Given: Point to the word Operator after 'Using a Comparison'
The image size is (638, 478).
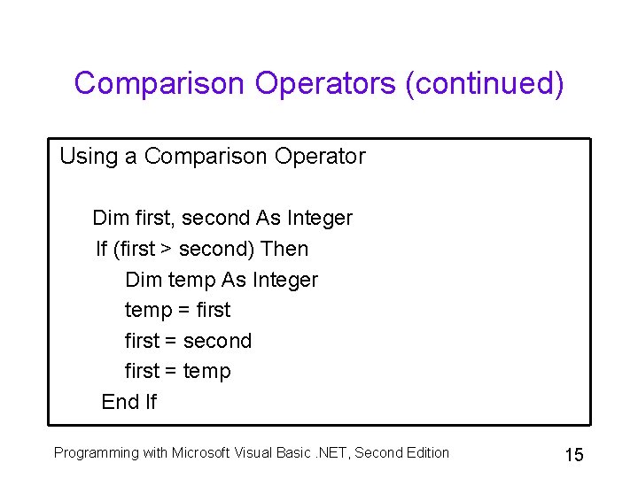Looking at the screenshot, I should click(320, 157).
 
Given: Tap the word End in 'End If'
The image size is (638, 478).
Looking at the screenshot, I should click(121, 402).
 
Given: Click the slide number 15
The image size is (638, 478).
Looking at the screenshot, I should click(573, 455).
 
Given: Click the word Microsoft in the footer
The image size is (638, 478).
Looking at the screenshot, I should click(203, 453).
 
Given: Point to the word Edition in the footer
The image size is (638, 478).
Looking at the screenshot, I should click(426, 453).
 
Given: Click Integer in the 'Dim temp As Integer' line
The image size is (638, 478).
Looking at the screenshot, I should click(284, 280).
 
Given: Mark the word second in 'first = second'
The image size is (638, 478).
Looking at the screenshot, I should click(217, 341).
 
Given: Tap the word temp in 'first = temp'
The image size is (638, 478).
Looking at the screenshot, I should click(206, 372).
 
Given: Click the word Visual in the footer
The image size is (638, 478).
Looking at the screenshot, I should click(253, 453).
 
